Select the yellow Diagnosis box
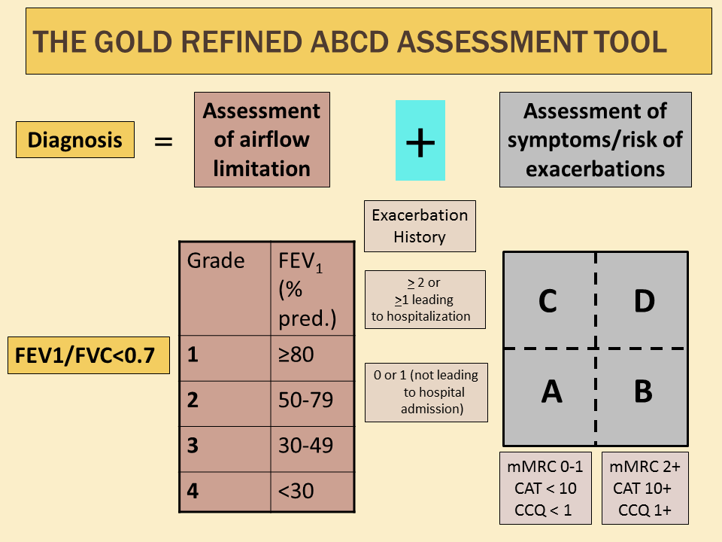(x=75, y=140)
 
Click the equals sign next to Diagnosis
(x=163, y=141)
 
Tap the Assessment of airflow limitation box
(x=262, y=139)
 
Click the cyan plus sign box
(x=420, y=141)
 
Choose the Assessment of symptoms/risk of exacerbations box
(x=595, y=139)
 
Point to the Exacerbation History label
(x=420, y=226)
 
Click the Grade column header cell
(x=225, y=288)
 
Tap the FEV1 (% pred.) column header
(x=311, y=288)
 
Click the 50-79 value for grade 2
(x=311, y=400)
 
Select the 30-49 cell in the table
(x=311, y=446)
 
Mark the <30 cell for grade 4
(x=311, y=492)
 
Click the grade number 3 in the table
(x=194, y=446)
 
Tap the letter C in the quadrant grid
(x=548, y=301)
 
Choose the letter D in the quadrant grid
(x=644, y=301)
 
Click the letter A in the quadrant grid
(x=551, y=392)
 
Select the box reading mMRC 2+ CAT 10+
(x=645, y=488)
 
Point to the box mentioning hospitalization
(x=425, y=300)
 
